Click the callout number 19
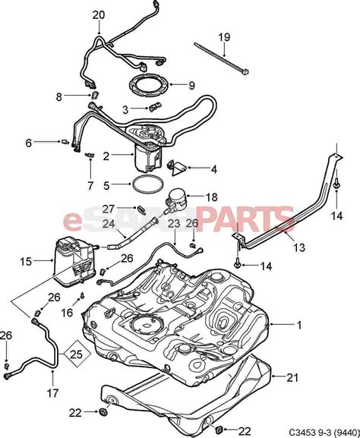(224, 36)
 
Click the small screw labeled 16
(82, 295)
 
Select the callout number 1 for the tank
(299, 325)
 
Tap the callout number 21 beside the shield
(292, 378)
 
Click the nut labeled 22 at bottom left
(103, 412)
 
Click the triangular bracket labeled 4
(177, 169)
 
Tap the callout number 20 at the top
(99, 15)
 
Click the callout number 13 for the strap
(299, 247)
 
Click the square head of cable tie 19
(245, 72)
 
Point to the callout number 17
(52, 393)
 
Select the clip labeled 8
(95, 95)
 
